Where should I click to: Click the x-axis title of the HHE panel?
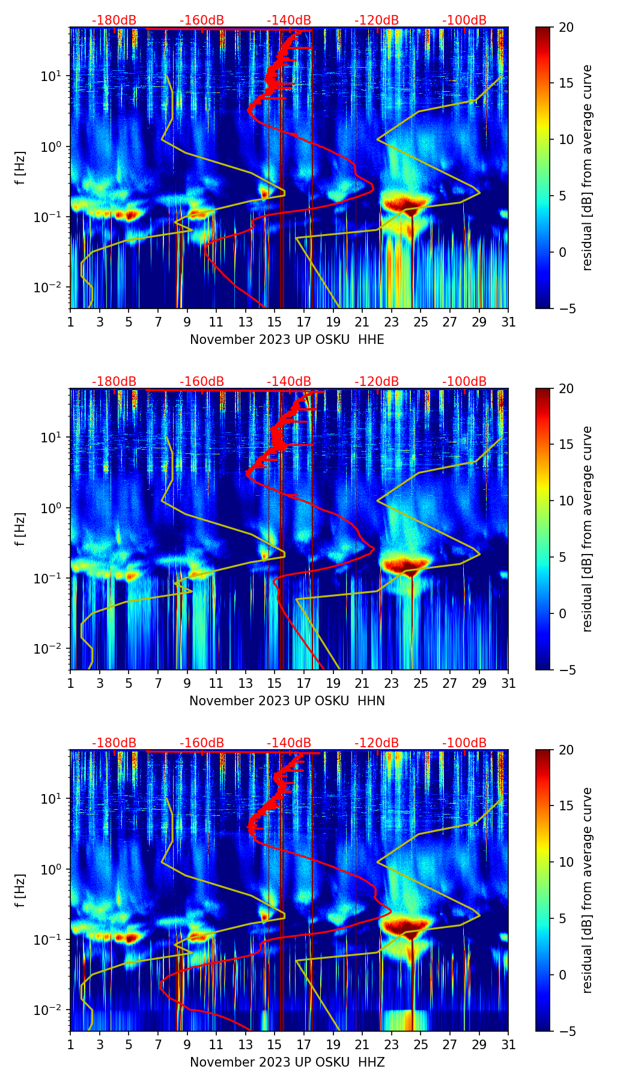(x=287, y=340)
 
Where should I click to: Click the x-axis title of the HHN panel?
(x=287, y=701)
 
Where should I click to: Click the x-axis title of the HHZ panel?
(x=287, y=1062)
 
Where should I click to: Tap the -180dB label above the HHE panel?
(x=114, y=20)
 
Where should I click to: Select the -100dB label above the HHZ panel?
(x=464, y=743)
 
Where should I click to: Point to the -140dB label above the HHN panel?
(x=289, y=382)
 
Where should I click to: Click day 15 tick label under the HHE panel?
(x=274, y=322)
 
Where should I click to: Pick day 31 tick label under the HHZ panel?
(x=508, y=1044)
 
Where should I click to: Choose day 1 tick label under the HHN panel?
(x=71, y=683)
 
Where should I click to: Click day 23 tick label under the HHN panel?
(x=391, y=683)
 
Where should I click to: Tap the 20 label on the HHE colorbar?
(x=566, y=27)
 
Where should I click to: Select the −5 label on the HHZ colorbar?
(x=565, y=1031)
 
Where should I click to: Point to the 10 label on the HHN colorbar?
(x=566, y=501)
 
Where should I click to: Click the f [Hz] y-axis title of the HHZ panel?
(x=20, y=891)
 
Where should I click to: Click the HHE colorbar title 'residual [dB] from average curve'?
(x=587, y=167)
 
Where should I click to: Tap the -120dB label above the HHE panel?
(x=377, y=20)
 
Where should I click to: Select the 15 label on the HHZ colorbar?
(x=566, y=806)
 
